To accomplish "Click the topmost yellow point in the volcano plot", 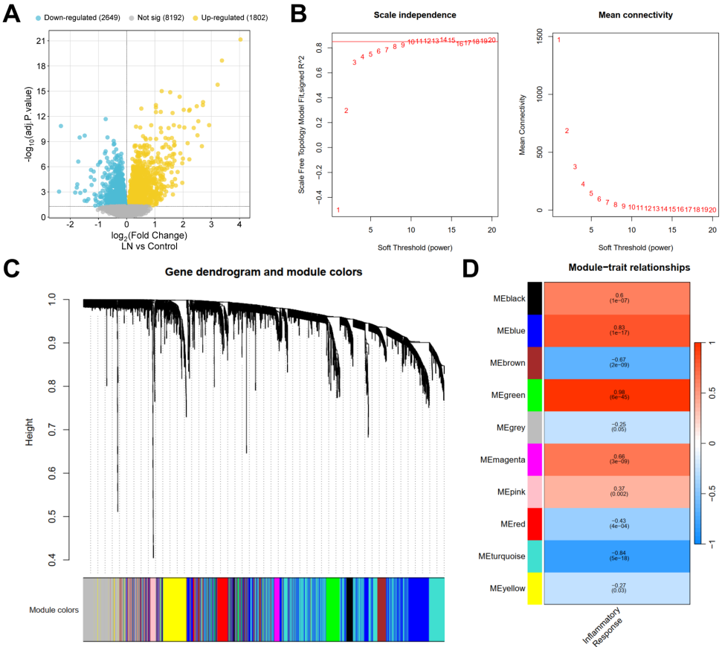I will [240, 39].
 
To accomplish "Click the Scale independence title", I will [414, 14].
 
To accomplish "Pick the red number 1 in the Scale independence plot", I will [338, 210].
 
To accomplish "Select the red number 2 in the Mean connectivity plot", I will [567, 131].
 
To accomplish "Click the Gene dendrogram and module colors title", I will [264, 272].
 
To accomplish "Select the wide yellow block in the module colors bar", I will [174, 609].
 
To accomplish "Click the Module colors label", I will [54, 610].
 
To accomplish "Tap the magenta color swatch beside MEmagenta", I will [535, 460].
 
